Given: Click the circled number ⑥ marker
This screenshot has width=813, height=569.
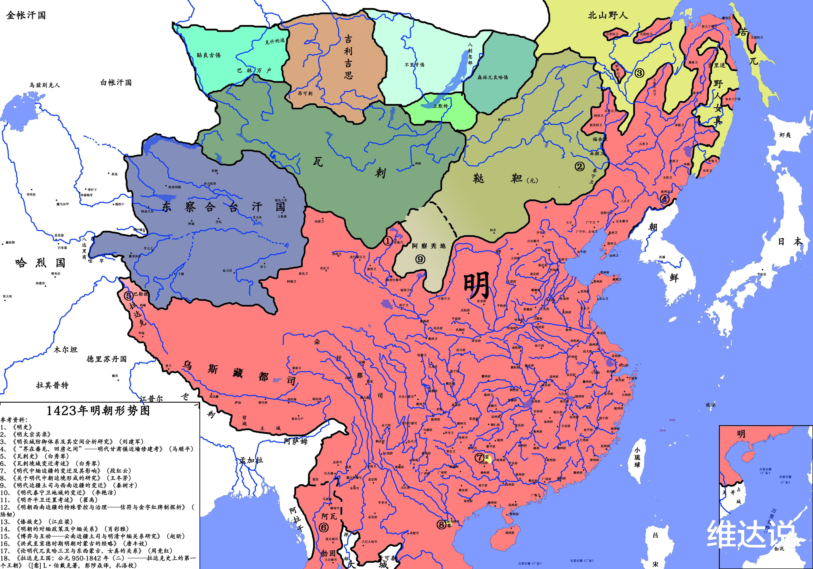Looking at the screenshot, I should click(323, 527).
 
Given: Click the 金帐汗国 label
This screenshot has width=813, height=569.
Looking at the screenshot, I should click(26, 15).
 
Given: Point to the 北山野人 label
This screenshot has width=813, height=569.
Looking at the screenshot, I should click(608, 15).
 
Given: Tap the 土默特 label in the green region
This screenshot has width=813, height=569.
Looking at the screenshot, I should click(441, 106).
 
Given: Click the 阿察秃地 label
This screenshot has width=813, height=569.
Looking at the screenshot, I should click(429, 246).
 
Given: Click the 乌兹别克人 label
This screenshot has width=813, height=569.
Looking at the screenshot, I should click(45, 85).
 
